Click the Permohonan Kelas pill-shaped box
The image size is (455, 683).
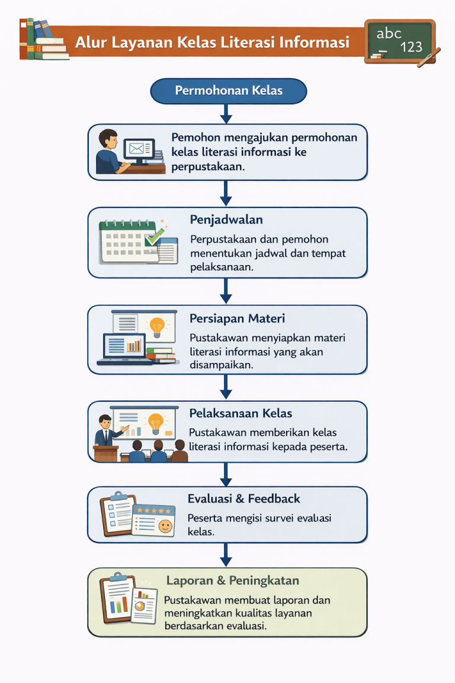point(229,91)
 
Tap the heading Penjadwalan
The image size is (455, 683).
point(226,220)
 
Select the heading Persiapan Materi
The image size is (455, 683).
point(237,318)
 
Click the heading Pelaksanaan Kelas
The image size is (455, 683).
point(241,413)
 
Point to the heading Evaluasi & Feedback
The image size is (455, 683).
point(243,499)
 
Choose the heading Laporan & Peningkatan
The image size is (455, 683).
point(232,580)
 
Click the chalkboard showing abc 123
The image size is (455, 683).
point(399,40)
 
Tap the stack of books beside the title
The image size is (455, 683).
point(43,40)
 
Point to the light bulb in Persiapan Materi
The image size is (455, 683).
point(157,325)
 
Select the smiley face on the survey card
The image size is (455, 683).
point(165,525)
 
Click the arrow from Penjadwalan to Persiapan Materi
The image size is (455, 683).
point(226,291)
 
